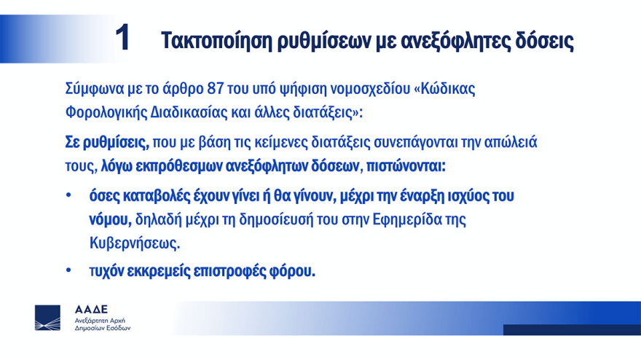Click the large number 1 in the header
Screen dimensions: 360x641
122,39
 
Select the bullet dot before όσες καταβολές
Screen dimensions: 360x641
69,195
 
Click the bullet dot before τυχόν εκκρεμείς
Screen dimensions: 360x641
69,270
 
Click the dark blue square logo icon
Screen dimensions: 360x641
48,318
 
